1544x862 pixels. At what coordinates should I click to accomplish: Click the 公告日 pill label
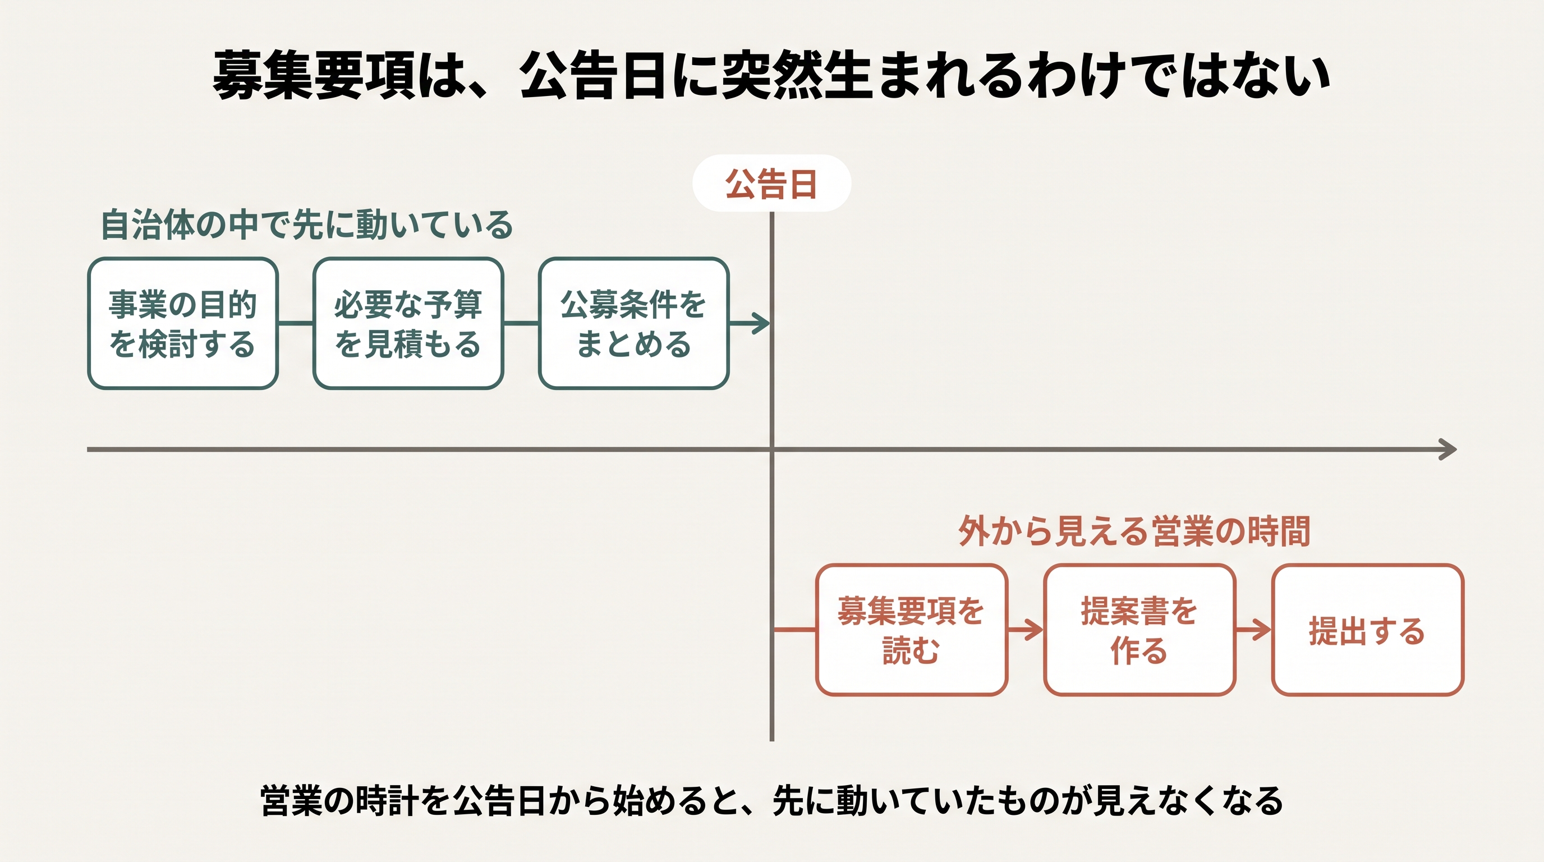click(771, 183)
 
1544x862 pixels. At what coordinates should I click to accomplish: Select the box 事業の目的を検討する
click(183, 324)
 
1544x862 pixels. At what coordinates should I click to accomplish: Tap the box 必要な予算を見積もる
click(408, 324)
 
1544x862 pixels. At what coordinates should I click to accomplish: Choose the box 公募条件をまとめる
click(633, 324)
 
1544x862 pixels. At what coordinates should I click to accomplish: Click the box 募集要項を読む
click(911, 630)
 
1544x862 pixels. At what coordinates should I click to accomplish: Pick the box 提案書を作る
click(1139, 630)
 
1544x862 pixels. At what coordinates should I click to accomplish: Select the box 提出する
click(1368, 630)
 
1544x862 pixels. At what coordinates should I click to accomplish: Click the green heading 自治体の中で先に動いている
click(306, 226)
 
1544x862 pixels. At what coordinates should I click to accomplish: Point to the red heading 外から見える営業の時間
click(1134, 531)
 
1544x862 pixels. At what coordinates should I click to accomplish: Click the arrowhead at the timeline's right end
click(1449, 450)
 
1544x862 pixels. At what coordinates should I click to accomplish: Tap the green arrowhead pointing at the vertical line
click(762, 324)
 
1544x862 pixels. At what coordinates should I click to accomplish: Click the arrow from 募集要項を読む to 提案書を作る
click(1025, 630)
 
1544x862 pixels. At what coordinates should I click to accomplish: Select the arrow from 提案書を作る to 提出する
click(1253, 630)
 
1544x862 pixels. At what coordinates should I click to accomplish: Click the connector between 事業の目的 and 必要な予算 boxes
click(296, 324)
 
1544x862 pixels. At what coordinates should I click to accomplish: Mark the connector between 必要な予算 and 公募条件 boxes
click(521, 324)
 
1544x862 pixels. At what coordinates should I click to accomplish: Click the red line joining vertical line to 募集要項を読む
click(795, 630)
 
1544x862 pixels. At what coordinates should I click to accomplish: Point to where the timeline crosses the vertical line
click(772, 450)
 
